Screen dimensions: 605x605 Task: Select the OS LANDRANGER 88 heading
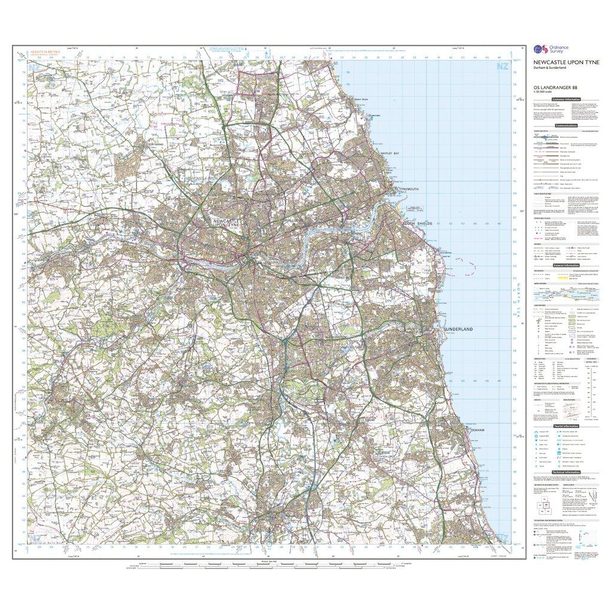click(555, 86)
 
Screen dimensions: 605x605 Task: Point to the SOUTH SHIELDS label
click(400, 223)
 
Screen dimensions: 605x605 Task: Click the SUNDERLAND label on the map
click(458, 330)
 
